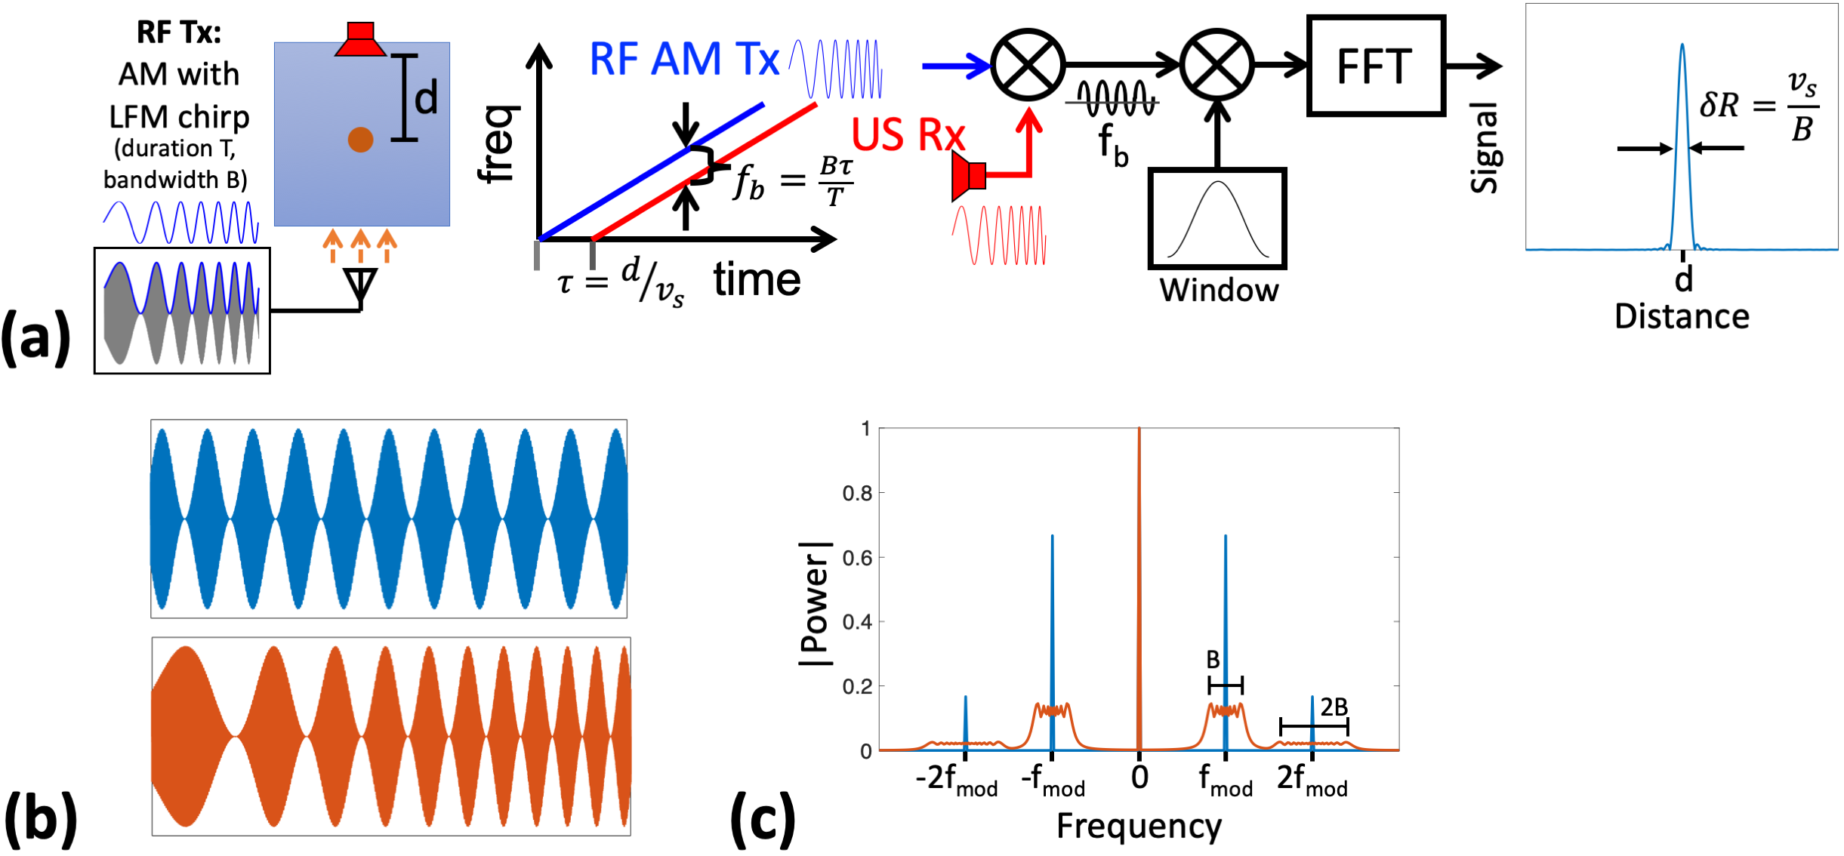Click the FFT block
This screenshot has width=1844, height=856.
1375,66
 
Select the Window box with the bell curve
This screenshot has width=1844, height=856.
1217,219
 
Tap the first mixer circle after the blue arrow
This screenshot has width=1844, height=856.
1028,66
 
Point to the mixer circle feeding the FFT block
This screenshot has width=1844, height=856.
1217,66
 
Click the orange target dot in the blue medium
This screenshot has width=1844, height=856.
360,140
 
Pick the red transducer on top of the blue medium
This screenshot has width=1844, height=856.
360,40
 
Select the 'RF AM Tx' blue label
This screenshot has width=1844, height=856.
683,59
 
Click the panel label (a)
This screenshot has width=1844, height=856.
35,337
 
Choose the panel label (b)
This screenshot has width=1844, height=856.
41,818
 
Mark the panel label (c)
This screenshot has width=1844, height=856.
763,818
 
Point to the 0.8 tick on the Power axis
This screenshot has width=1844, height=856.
857,494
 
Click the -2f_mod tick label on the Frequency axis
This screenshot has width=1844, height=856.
956,779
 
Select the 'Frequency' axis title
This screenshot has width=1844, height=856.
1139,827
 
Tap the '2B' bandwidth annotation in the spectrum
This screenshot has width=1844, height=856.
1334,707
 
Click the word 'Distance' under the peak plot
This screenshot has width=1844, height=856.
1682,317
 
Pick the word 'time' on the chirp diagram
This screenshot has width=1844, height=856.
757,280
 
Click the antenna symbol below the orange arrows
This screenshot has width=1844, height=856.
360,285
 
